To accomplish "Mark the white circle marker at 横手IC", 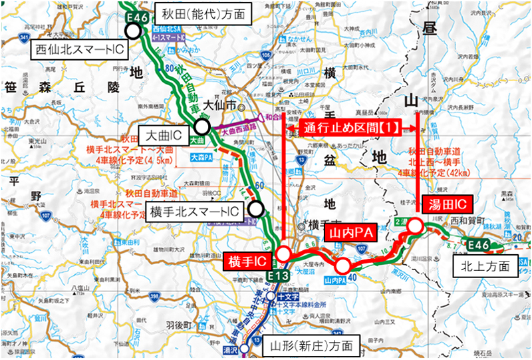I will [x=283, y=254].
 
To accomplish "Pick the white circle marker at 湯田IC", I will [x=415, y=226].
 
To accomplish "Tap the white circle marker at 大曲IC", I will [x=202, y=126].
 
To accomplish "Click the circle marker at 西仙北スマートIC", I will [x=134, y=31].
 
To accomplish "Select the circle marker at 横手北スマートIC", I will [x=255, y=209].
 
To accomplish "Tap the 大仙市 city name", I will [x=222, y=105].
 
